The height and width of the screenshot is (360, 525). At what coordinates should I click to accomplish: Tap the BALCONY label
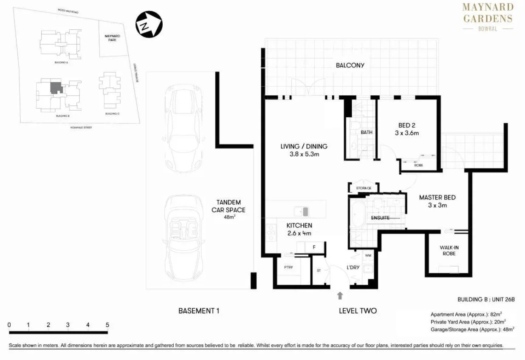tap(350, 65)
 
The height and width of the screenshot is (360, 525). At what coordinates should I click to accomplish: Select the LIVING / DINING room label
tap(304, 150)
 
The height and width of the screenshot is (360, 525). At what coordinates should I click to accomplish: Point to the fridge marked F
tap(314, 247)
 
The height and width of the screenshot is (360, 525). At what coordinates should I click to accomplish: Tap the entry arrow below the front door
tap(340, 295)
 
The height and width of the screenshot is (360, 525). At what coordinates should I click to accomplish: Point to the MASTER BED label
tap(437, 201)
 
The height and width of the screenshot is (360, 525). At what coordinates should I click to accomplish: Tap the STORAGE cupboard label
tap(364, 188)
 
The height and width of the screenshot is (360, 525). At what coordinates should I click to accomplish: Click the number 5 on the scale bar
tap(107, 325)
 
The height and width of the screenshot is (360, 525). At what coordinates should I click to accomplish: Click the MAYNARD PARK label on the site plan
tap(110, 38)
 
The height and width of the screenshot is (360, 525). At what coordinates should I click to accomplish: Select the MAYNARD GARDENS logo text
tap(488, 13)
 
